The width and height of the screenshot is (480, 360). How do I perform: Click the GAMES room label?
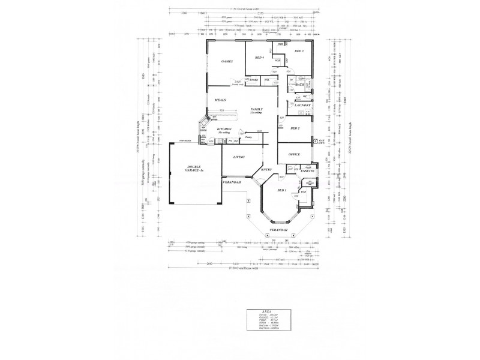pos(227,62)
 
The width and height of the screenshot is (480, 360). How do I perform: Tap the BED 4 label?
pos(260,58)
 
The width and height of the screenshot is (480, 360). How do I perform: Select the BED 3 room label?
pos(299,52)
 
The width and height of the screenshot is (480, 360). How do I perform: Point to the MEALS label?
pos(220,100)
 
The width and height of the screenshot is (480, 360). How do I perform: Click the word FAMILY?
pos(257,109)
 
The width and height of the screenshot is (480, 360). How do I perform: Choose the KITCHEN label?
pos(224,129)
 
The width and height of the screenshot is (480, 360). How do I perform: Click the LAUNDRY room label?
pos(302,106)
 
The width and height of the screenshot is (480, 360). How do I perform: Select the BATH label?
pos(300,85)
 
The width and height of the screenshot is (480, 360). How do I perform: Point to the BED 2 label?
pos(295,128)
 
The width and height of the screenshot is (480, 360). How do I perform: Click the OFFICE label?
pos(294,154)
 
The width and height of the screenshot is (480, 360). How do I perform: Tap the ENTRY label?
pos(266,170)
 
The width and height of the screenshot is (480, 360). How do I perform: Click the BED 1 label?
pos(282,190)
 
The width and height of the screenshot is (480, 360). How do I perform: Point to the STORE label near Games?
pos(254,79)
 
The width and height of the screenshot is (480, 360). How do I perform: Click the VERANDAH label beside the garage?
pos(231,182)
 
